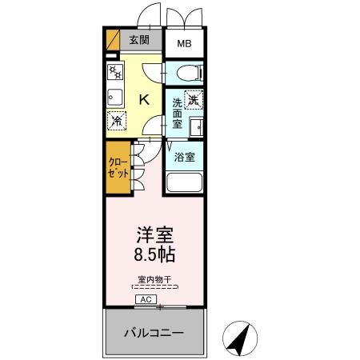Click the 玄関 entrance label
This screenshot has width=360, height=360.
pyautogui.click(x=140, y=41)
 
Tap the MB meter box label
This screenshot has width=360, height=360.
pyautogui.click(x=183, y=44)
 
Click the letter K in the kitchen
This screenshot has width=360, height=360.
pyautogui.click(x=144, y=99)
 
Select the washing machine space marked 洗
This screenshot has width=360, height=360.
pyautogui.click(x=193, y=102)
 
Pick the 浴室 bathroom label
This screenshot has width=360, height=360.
pyautogui.click(x=185, y=157)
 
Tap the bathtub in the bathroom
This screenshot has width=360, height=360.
pyautogui.click(x=185, y=181)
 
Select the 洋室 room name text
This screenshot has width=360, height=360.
pyautogui.click(x=155, y=237)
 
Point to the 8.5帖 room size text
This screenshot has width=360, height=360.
pyautogui.click(x=155, y=257)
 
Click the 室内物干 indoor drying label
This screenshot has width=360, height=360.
pyautogui.click(x=155, y=279)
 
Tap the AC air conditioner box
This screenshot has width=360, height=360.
pyautogui.click(x=146, y=299)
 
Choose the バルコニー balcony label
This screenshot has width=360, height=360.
pyautogui.click(x=154, y=331)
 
